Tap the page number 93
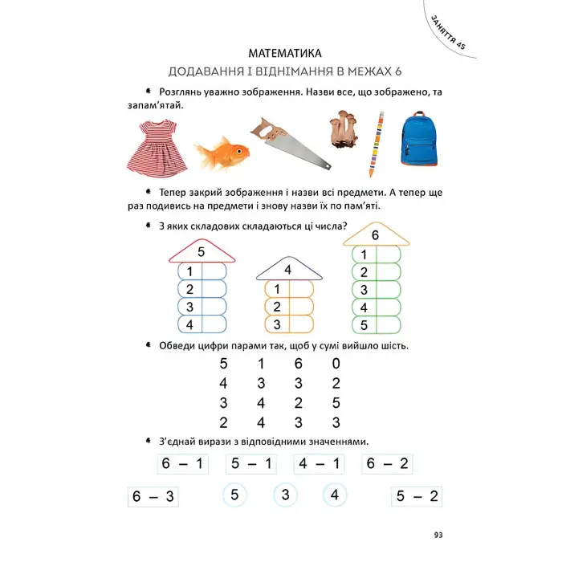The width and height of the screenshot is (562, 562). [438, 536]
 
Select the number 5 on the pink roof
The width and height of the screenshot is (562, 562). [202, 252]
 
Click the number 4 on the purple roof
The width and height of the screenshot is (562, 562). [287, 270]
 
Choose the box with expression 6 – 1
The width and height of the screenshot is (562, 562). [180, 464]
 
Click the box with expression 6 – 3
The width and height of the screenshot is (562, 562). [152, 496]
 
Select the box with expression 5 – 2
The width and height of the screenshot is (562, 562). [417, 496]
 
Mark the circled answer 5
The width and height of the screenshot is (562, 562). [234, 495]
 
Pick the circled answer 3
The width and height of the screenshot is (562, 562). [285, 495]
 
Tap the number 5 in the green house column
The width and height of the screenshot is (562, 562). [364, 325]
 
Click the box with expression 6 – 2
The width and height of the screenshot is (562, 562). [385, 464]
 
